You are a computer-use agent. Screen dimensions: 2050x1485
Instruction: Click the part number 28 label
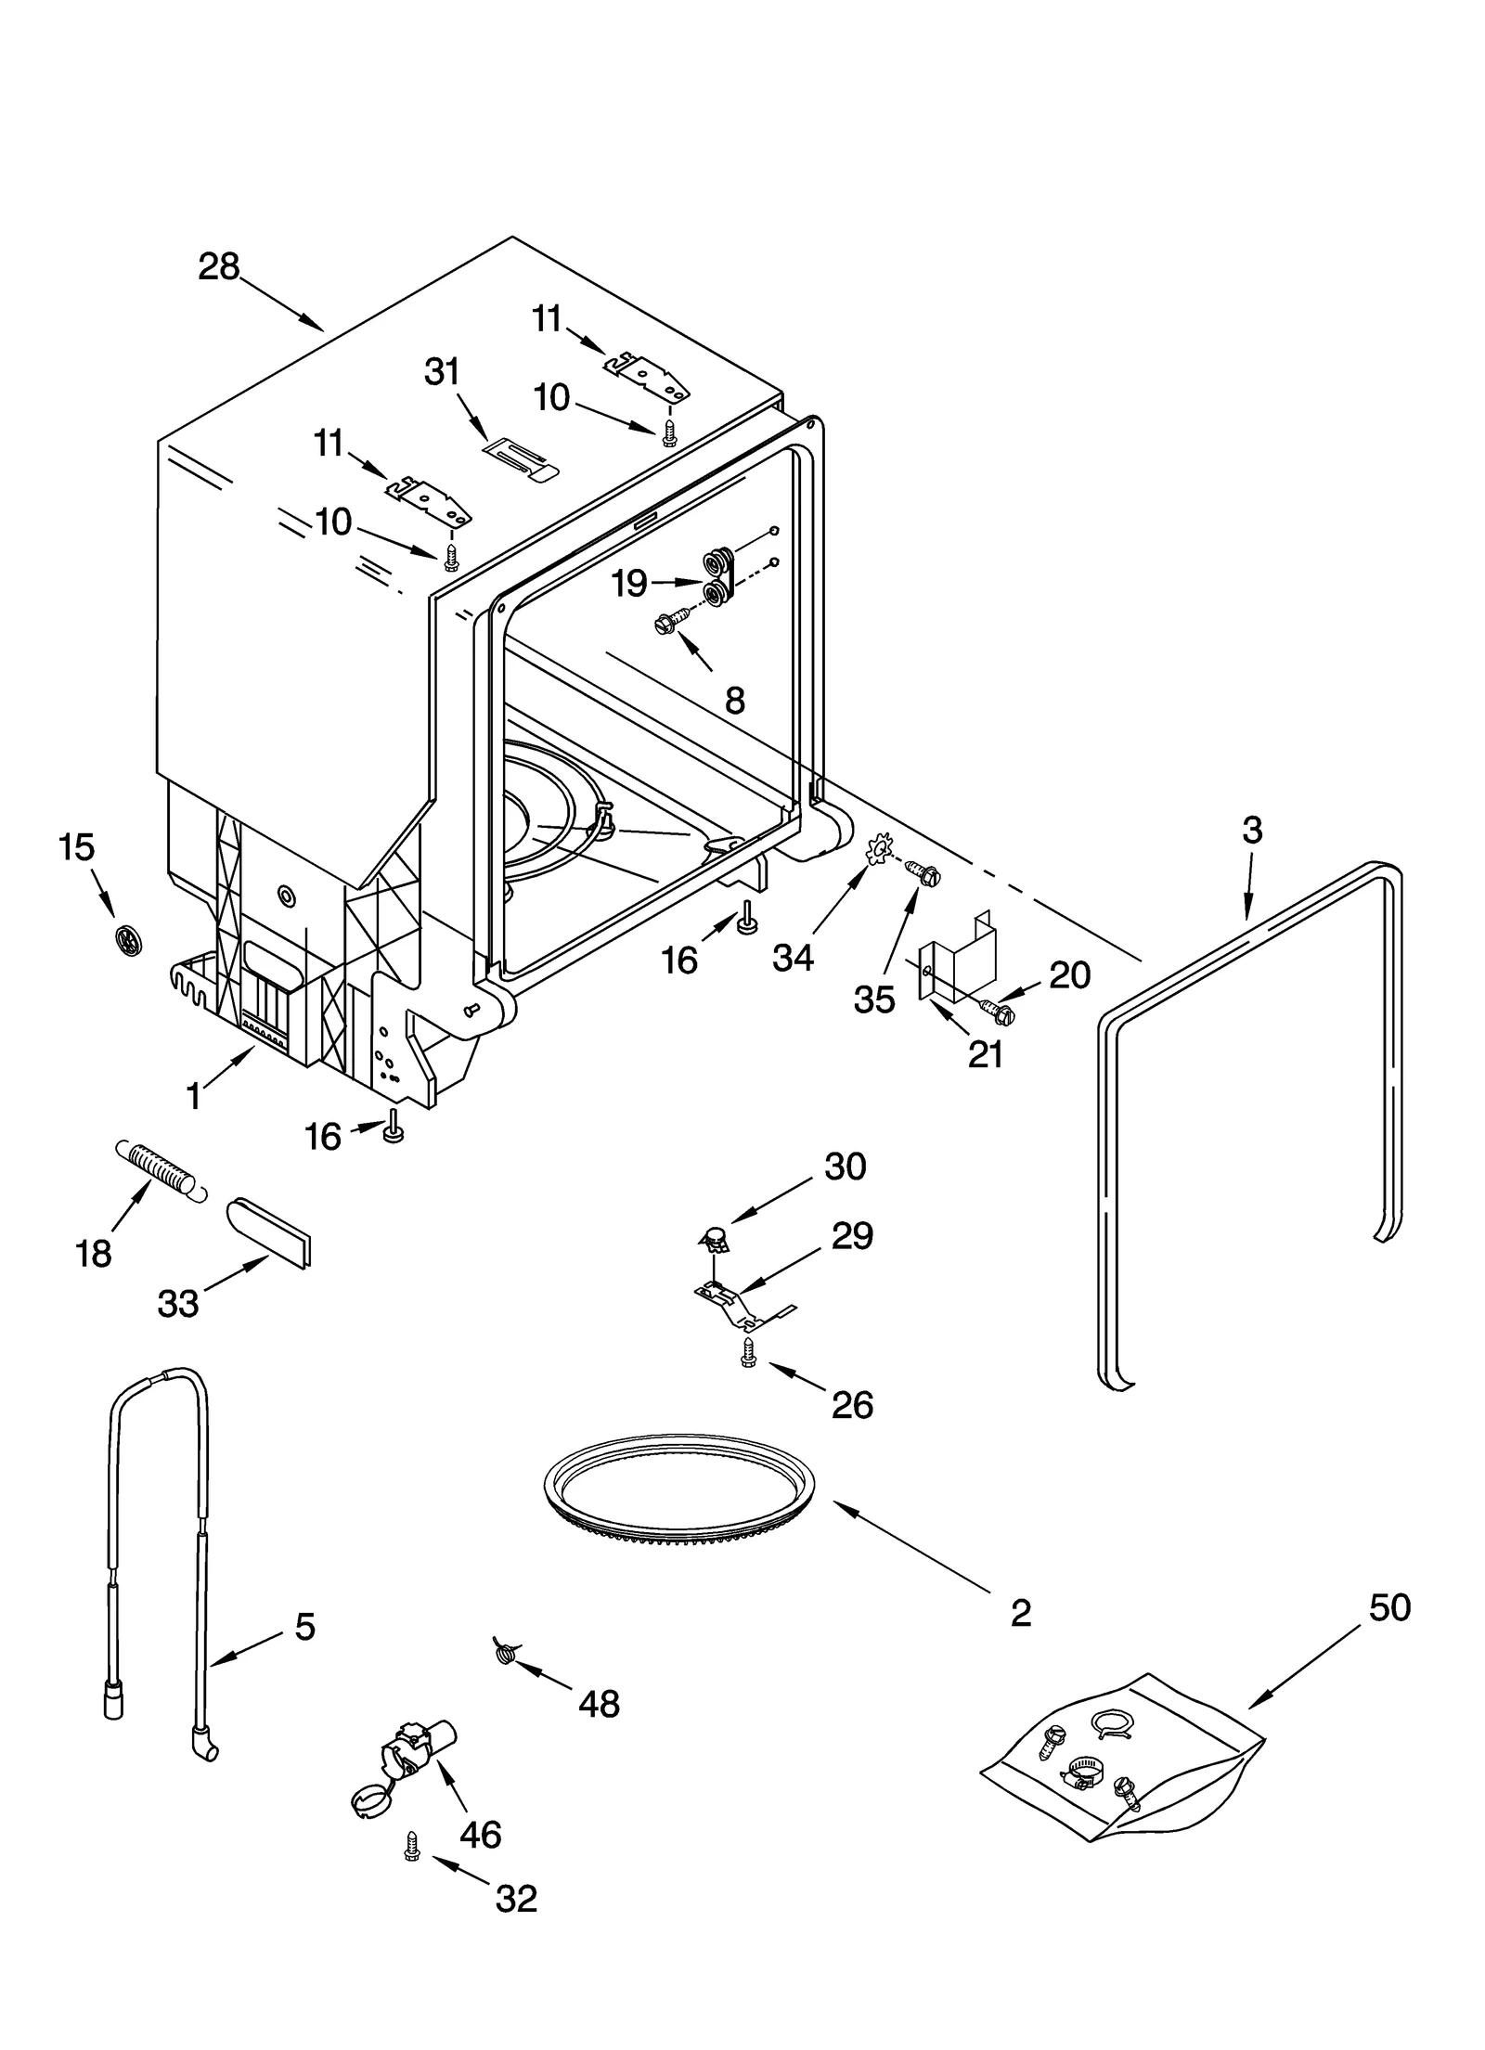pos(219,267)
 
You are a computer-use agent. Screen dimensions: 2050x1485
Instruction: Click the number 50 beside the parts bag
pos(1389,1607)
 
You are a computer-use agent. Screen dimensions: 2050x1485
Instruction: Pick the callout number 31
pos(442,372)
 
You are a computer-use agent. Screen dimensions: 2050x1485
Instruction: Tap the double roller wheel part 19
pos(717,577)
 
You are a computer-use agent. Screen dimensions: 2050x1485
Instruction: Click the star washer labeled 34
pos(874,851)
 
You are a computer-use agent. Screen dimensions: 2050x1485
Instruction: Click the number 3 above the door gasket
pos(1252,830)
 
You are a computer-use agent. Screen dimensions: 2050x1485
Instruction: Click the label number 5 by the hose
pos(304,1626)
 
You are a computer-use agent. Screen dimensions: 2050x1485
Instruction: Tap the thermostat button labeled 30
pos(712,1235)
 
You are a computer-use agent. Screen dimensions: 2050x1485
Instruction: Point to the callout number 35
pos(874,999)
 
